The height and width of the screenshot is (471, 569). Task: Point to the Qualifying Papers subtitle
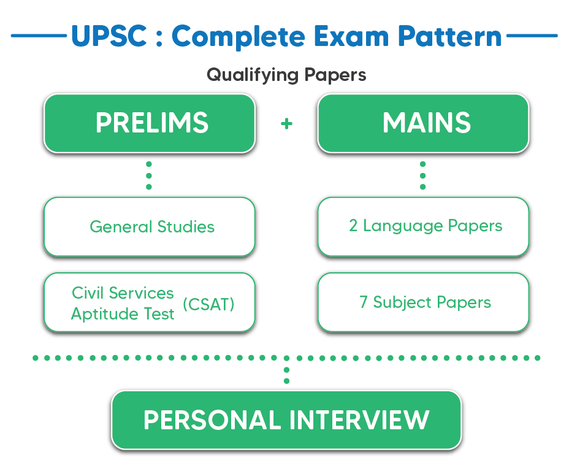pos(286,75)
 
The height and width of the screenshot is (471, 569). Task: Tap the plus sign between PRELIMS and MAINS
pos(286,123)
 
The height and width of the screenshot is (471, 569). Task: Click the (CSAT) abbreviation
pos(208,304)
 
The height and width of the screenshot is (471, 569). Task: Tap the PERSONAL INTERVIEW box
pos(286,420)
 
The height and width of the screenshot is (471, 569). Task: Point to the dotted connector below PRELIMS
pos(148,175)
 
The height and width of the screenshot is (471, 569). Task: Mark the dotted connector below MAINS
pos(422,175)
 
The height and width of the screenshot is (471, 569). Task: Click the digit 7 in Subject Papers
pos(364,302)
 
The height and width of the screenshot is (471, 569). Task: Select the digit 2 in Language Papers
pos(353,226)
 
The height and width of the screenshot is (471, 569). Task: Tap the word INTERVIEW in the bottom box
pos(359,420)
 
